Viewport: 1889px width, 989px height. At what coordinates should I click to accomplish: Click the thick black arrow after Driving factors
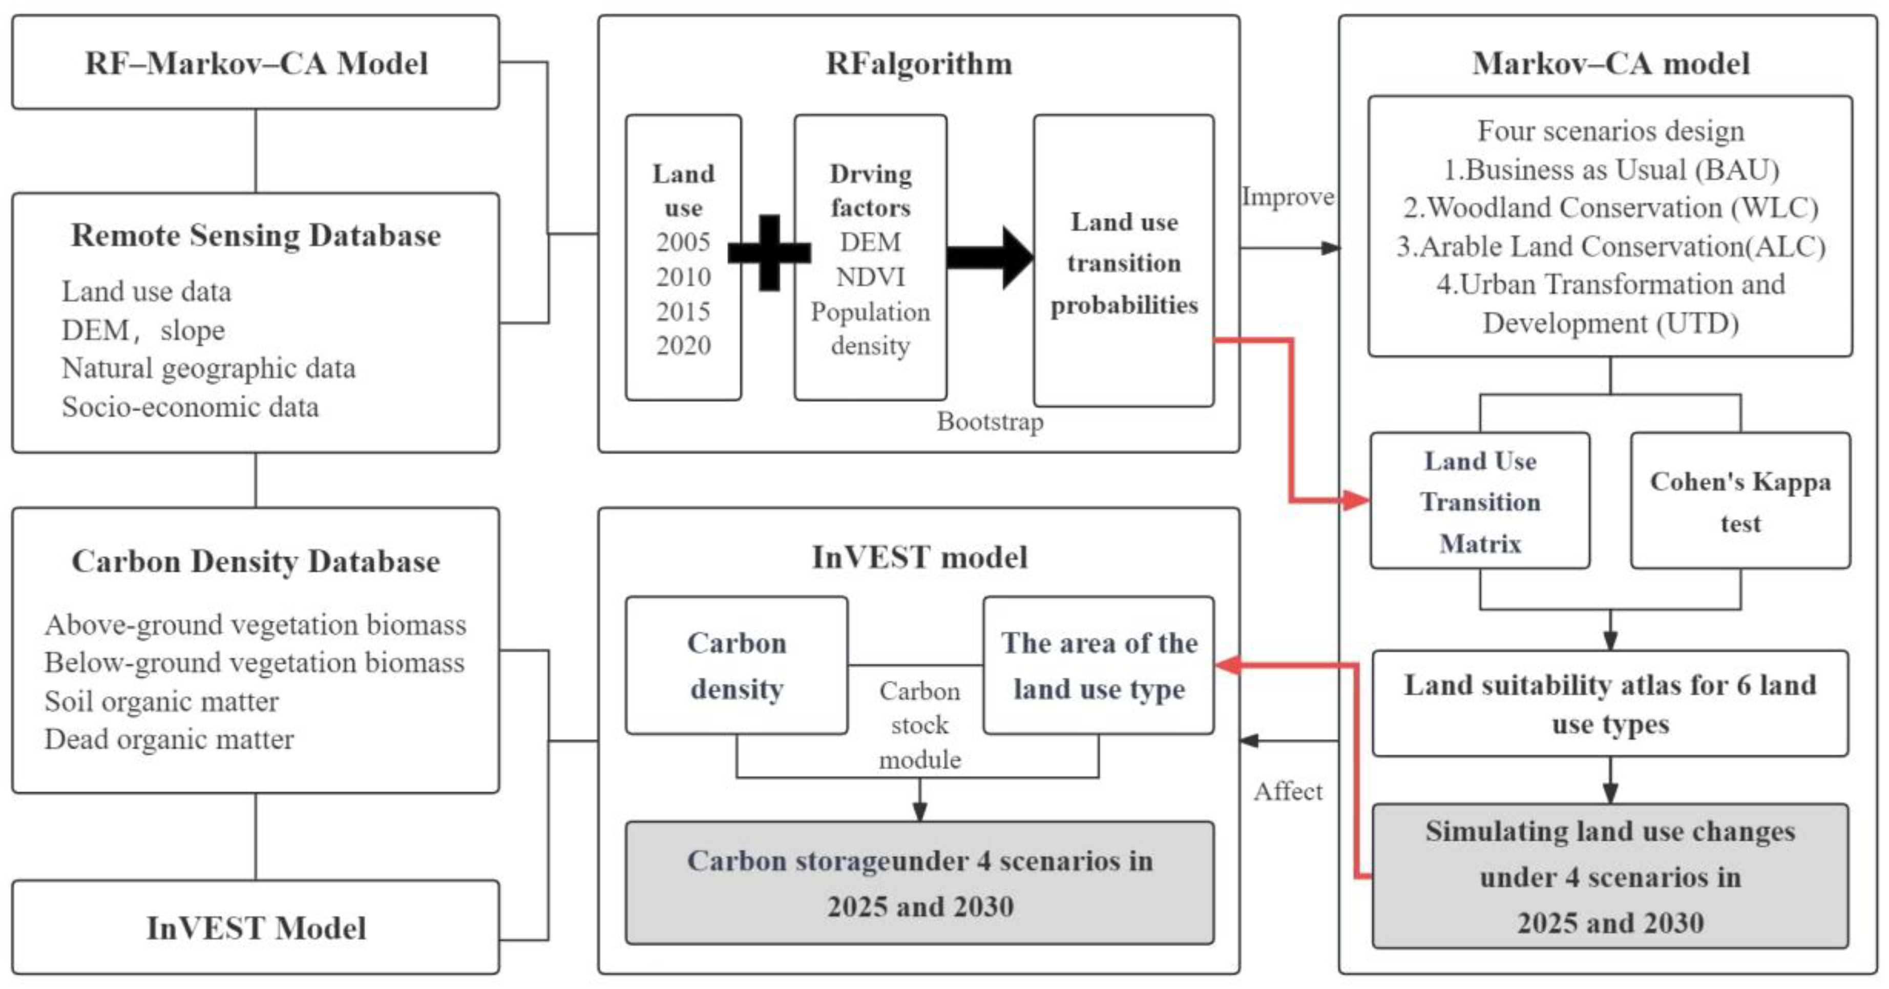click(x=990, y=257)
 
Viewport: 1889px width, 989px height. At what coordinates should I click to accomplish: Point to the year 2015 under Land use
click(x=683, y=311)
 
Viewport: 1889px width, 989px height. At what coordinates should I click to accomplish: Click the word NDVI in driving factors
click(x=870, y=277)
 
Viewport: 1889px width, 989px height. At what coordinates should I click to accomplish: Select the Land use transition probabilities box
click(x=1123, y=261)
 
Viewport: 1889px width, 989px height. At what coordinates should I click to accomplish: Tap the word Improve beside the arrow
click(x=1287, y=197)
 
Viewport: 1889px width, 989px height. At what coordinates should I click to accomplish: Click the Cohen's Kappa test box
click(x=1740, y=501)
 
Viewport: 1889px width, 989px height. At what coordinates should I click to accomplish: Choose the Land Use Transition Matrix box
click(x=1480, y=501)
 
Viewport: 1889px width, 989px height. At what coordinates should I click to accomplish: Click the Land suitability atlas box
click(x=1610, y=704)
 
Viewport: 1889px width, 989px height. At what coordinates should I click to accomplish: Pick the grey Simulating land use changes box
click(x=1610, y=876)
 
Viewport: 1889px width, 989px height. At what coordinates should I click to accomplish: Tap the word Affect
click(x=1288, y=791)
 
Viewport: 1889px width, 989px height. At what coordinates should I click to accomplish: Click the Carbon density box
click(x=736, y=666)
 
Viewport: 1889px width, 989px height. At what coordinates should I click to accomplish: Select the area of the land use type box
click(x=1099, y=666)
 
